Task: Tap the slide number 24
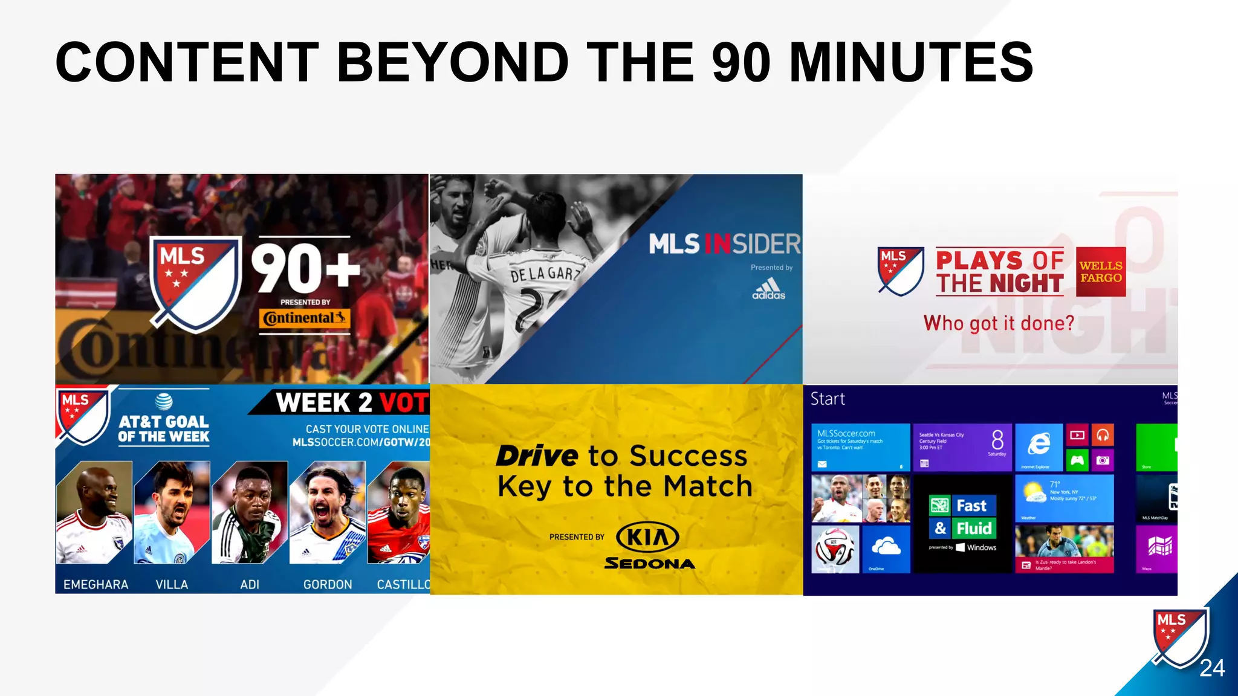point(1211,668)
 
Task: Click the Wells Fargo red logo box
point(1100,272)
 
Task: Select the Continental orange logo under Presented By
point(305,318)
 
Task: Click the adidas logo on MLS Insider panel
point(768,289)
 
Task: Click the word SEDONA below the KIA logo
point(650,564)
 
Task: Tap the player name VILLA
point(172,584)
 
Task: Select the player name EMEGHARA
point(96,584)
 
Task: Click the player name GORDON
point(327,584)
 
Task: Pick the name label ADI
point(249,584)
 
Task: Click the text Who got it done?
point(999,323)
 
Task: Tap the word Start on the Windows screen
point(827,399)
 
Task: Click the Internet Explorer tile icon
point(1039,446)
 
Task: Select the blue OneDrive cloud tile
point(886,548)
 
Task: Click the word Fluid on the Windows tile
point(973,529)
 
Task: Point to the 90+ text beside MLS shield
point(305,269)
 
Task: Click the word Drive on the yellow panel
point(536,456)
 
